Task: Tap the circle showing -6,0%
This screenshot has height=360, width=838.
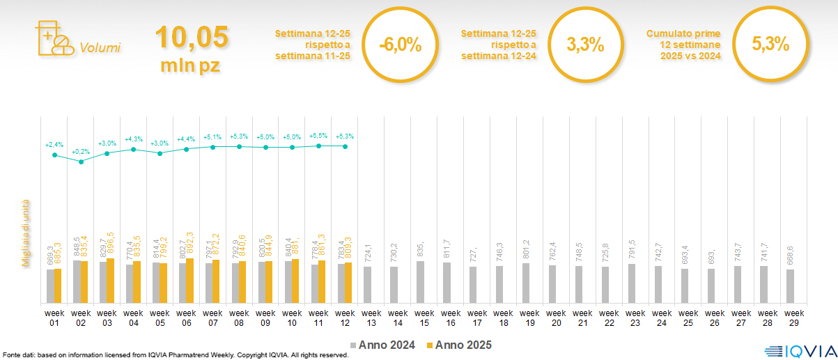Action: point(401,45)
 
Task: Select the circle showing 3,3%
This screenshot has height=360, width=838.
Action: point(585,45)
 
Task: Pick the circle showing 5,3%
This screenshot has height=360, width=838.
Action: point(770,45)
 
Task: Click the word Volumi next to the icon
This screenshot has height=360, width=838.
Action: point(100,48)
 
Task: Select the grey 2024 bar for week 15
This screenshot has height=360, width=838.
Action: point(420,282)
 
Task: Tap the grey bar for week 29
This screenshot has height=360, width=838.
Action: point(790,285)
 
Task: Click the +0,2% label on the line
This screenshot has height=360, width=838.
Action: point(81,151)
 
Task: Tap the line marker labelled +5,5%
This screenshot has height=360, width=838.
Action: point(318,146)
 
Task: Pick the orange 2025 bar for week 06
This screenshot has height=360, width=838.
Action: point(189,281)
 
